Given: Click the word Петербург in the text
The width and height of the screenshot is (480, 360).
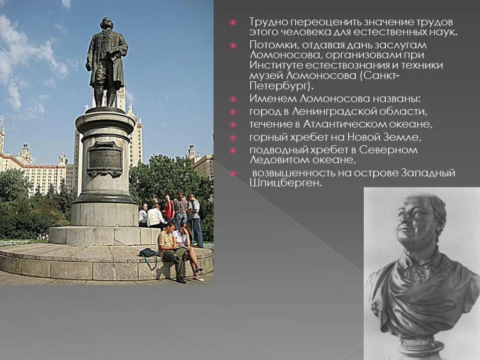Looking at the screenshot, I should click(x=277, y=87).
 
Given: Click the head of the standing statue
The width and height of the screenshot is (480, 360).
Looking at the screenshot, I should click(x=107, y=24).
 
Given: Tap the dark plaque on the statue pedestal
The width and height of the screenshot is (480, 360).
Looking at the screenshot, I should click(x=105, y=158).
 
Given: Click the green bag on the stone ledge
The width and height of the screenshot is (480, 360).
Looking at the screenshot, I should click(x=148, y=253).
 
